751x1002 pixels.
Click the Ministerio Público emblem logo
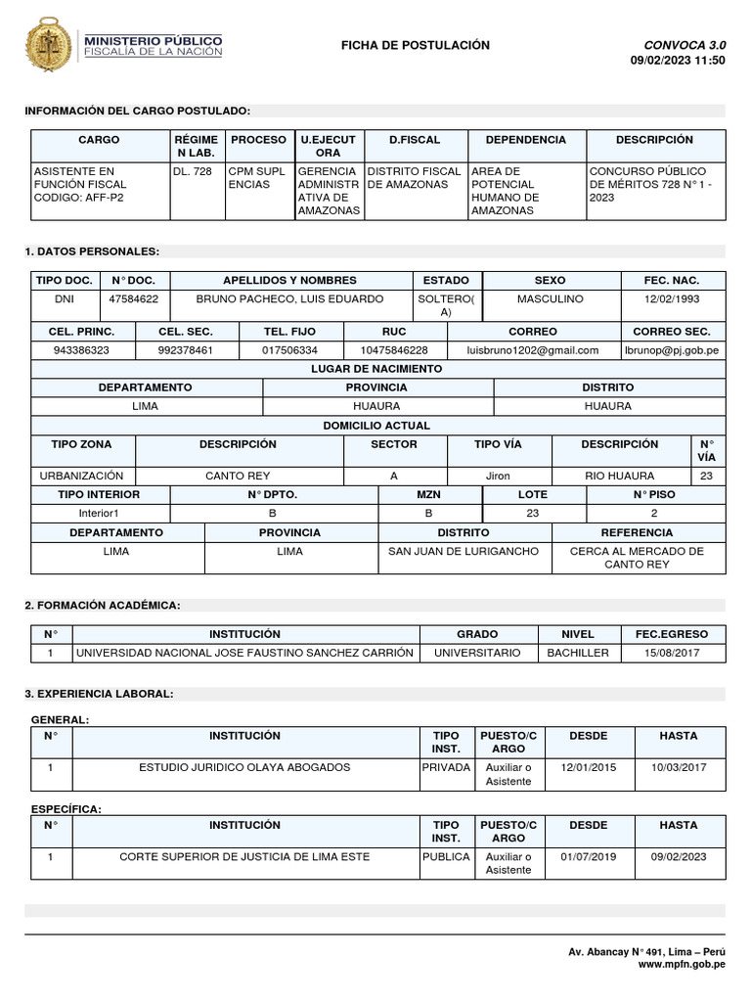[x=49, y=45]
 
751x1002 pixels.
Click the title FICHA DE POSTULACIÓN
[x=416, y=46]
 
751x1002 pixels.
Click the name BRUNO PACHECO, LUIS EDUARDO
[x=289, y=298]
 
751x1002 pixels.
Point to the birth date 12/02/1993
[x=673, y=298]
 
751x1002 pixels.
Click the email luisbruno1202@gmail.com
[x=533, y=349]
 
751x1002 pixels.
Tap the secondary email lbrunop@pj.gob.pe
[x=671, y=349]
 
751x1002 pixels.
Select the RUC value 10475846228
[x=394, y=349]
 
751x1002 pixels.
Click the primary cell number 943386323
[x=82, y=349]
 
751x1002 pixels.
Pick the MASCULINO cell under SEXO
[x=550, y=298]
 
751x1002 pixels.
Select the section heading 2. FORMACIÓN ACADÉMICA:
[x=103, y=607]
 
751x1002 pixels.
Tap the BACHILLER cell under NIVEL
[x=577, y=653]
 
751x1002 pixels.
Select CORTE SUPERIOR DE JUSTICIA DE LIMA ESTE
[x=245, y=857]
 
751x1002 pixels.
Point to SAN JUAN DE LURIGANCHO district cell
[x=464, y=552]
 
